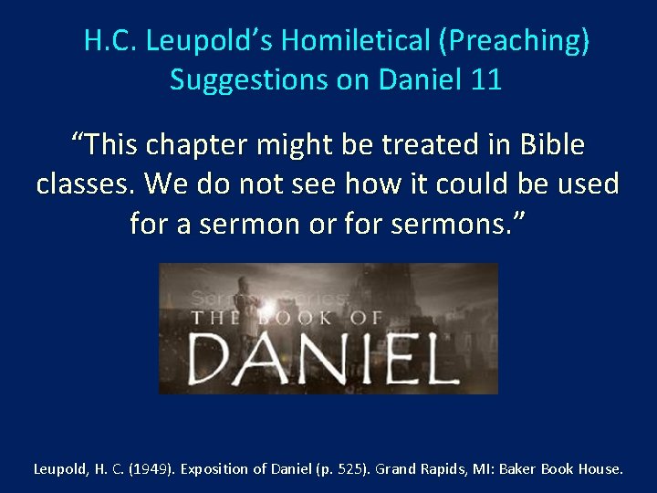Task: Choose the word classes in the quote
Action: [85, 184]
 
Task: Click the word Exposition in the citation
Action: [214, 469]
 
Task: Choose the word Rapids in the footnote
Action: [443, 469]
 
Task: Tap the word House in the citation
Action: [600, 469]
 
